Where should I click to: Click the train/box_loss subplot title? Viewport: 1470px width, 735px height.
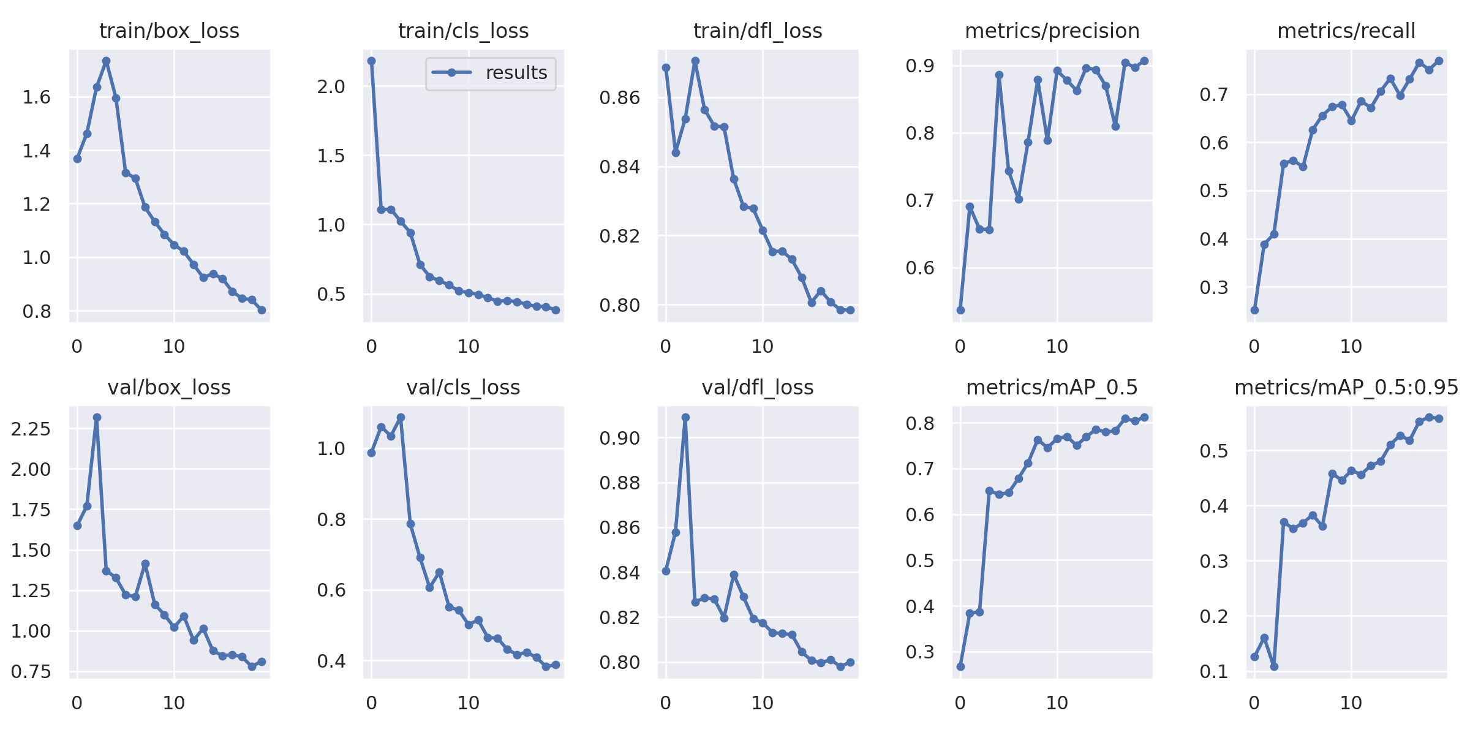(169, 31)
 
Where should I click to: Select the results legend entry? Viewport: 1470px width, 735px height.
(490, 73)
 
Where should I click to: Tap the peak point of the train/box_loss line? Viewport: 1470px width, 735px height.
(106, 61)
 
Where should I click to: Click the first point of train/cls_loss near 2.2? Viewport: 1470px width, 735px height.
(371, 61)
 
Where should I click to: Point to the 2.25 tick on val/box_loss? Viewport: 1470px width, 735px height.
(31, 429)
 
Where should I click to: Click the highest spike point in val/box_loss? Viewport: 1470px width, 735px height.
(97, 418)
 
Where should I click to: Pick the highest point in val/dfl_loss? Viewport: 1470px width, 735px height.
(685, 418)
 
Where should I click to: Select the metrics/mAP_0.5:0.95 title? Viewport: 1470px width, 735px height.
(1346, 388)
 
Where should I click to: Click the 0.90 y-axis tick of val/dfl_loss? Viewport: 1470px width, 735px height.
(620, 439)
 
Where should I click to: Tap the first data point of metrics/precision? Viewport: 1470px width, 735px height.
(960, 311)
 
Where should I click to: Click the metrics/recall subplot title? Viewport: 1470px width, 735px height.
(1346, 31)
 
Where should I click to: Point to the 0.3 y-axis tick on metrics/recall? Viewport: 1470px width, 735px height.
(1214, 287)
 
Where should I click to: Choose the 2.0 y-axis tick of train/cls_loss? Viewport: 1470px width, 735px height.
(331, 87)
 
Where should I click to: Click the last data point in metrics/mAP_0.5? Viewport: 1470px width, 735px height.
(1144, 418)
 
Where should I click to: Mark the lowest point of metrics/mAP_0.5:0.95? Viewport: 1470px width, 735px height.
(1274, 666)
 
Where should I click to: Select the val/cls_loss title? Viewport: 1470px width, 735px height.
(464, 388)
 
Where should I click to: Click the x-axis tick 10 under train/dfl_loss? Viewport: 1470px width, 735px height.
(763, 347)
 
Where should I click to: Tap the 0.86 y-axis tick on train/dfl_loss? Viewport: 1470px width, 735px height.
(620, 98)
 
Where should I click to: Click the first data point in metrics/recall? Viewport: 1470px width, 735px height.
(1254, 311)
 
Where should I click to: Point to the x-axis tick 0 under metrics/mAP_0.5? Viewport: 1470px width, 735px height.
(960, 703)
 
